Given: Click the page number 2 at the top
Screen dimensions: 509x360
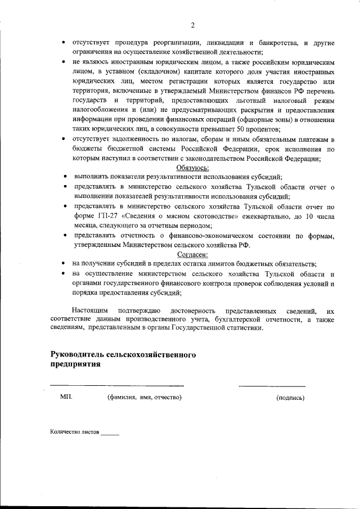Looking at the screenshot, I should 192,25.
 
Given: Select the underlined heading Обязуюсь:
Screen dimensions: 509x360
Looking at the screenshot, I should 193,168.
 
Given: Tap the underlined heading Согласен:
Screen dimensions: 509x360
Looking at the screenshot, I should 193,255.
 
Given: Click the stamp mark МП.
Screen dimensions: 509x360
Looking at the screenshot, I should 66,397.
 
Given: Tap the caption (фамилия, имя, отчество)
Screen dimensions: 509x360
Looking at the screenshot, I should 144,397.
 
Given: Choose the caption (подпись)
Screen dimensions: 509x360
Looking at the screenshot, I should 290,398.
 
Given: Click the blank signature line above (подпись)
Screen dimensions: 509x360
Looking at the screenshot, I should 272,386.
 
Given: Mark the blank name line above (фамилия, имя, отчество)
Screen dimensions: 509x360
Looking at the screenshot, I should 118,385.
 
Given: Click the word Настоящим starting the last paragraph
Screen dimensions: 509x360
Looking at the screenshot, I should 91,310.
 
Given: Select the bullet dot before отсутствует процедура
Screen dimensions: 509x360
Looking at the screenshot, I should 65,43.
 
